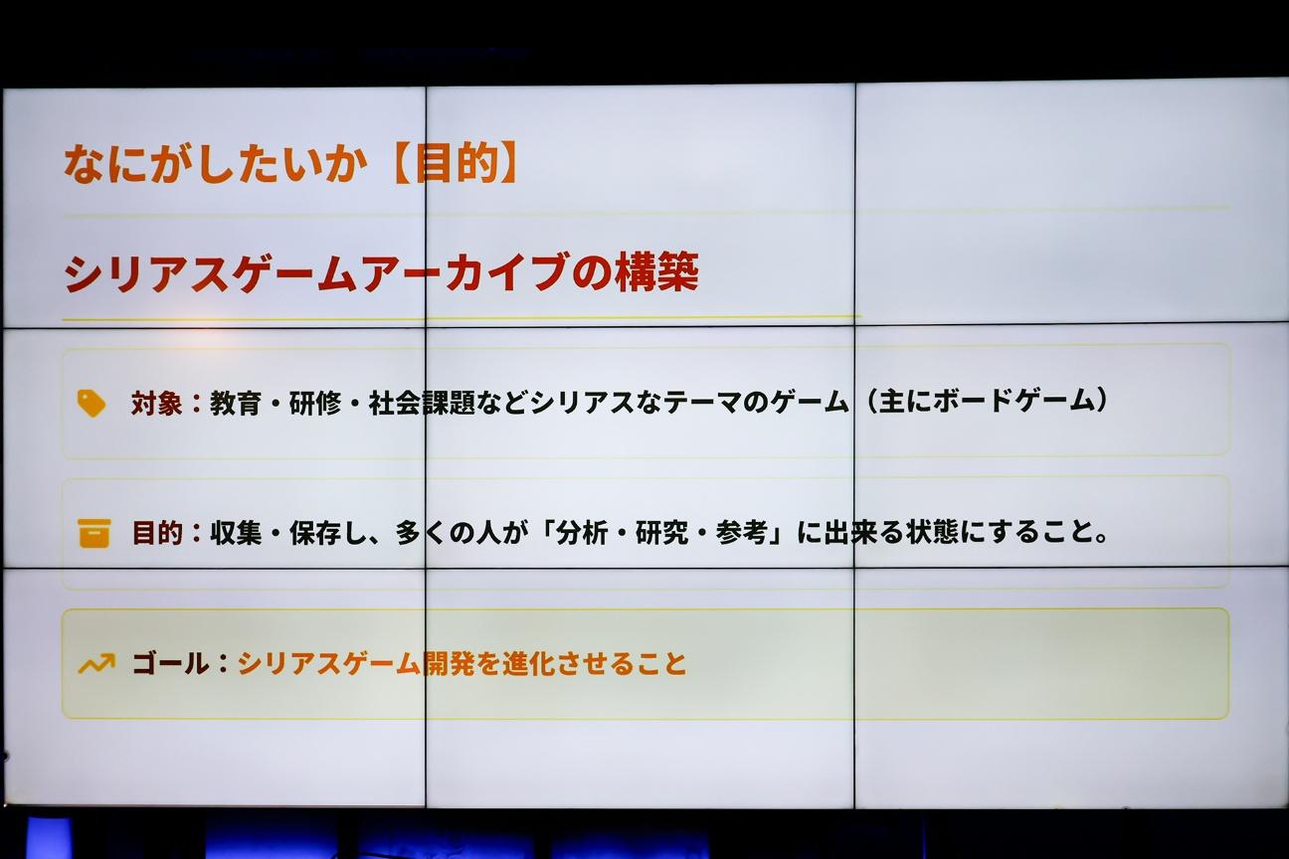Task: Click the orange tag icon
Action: (91, 403)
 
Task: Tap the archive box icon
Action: (93, 534)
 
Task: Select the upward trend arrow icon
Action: (95, 663)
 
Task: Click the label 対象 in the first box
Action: (156, 403)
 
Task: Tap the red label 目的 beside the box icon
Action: (157, 534)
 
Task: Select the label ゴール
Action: (170, 663)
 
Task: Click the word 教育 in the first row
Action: (236, 403)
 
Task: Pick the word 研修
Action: (314, 403)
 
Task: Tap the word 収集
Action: (236, 534)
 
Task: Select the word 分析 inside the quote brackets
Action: (582, 533)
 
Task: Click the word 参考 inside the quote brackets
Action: (741, 533)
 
